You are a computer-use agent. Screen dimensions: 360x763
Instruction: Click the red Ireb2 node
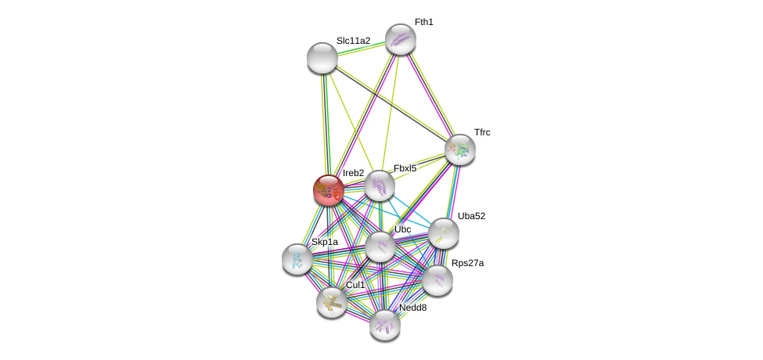pyautogui.click(x=329, y=190)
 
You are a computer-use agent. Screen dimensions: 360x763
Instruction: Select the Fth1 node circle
pyautogui.click(x=400, y=39)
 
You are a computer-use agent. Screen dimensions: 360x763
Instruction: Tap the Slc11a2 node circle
pyautogui.click(x=322, y=58)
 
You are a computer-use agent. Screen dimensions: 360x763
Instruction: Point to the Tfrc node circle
pyautogui.click(x=460, y=149)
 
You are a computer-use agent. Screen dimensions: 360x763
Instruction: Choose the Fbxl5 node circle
pyautogui.click(x=380, y=186)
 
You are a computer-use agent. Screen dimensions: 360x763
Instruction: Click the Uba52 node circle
pyautogui.click(x=444, y=233)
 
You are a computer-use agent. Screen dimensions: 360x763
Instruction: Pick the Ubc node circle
pyautogui.click(x=380, y=247)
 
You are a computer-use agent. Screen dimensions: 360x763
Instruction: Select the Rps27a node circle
pyautogui.click(x=437, y=280)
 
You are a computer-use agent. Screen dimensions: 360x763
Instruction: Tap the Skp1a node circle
pyautogui.click(x=297, y=259)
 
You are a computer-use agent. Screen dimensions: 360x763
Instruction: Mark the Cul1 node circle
pyautogui.click(x=332, y=302)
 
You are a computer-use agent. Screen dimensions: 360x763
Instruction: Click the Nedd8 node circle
pyautogui.click(x=385, y=325)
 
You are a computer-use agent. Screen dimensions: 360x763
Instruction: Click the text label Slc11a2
pyautogui.click(x=353, y=41)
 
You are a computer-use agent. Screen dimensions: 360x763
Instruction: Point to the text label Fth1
pyautogui.click(x=423, y=22)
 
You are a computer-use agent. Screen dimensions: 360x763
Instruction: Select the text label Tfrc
pyautogui.click(x=482, y=132)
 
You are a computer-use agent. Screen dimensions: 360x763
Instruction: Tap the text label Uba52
pyautogui.click(x=471, y=216)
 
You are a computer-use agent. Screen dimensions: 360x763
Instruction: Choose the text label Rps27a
pyautogui.click(x=467, y=263)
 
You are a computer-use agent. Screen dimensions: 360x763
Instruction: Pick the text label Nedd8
pyautogui.click(x=412, y=308)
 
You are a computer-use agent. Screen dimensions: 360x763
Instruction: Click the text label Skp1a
pyautogui.click(x=325, y=242)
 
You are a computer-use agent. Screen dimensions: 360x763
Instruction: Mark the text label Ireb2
pyautogui.click(x=353, y=173)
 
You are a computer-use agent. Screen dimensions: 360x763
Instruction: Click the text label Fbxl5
pyautogui.click(x=405, y=168)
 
